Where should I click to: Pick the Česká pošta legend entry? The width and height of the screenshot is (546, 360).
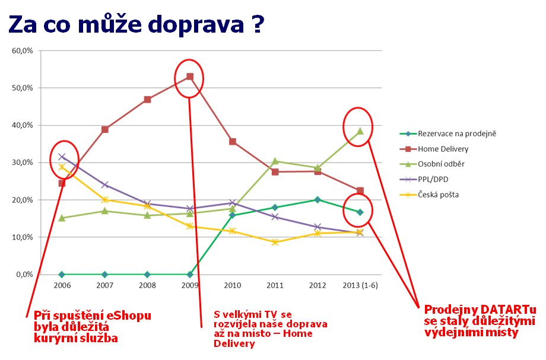click(x=439, y=194)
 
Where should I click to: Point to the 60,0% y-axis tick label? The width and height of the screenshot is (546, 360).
click(x=23, y=51)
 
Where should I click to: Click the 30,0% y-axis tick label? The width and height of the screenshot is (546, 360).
click(x=23, y=163)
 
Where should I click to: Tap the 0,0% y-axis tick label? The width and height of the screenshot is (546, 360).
click(x=24, y=275)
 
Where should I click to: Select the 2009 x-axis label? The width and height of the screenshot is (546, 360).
click(x=189, y=285)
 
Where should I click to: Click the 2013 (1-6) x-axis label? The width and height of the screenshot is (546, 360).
click(x=360, y=285)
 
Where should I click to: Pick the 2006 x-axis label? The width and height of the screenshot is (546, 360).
click(x=62, y=285)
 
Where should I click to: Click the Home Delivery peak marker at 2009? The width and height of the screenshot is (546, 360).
click(x=190, y=77)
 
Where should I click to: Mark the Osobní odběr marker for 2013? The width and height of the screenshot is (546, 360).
click(x=360, y=131)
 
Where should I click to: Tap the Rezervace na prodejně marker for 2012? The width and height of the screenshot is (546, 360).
click(x=318, y=200)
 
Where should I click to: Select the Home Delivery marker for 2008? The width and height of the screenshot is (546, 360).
click(x=147, y=100)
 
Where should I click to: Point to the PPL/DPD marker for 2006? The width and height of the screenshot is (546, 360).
click(x=62, y=157)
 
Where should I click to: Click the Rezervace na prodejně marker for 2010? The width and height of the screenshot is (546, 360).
click(x=233, y=215)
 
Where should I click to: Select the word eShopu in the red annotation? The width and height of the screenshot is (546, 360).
click(x=113, y=316)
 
